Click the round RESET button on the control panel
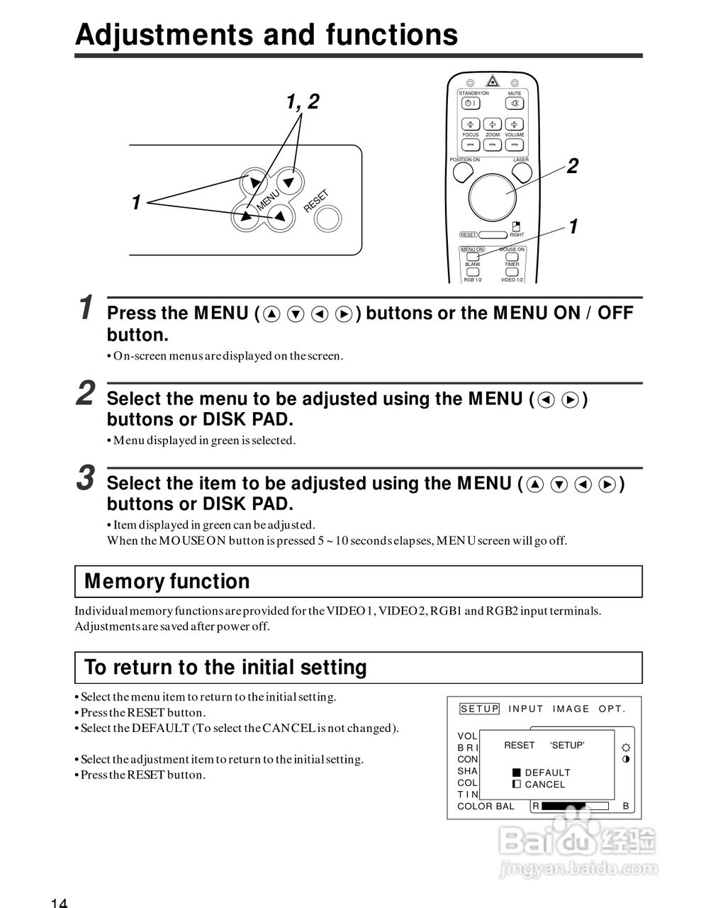pyautogui.click(x=327, y=220)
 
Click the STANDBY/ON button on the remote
pyautogui.click(x=471, y=104)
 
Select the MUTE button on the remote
pyautogui.click(x=515, y=104)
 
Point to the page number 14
pyautogui.click(x=59, y=902)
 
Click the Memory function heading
pyautogui.click(x=167, y=582)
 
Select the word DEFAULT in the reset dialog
pyautogui.click(x=547, y=773)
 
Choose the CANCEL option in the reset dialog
pyautogui.click(x=545, y=785)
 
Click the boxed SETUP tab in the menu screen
pyautogui.click(x=480, y=709)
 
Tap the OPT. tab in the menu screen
pyautogui.click(x=612, y=709)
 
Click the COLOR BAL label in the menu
pyautogui.click(x=486, y=807)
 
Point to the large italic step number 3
pyautogui.click(x=86, y=477)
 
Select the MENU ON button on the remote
pyautogui.click(x=472, y=257)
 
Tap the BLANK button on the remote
pyautogui.click(x=472, y=272)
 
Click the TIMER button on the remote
pyautogui.click(x=512, y=272)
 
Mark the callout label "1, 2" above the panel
pyautogui.click(x=303, y=102)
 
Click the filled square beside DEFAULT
pyautogui.click(x=517, y=773)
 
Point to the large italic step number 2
pyautogui.click(x=86, y=393)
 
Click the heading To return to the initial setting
pyautogui.click(x=225, y=668)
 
